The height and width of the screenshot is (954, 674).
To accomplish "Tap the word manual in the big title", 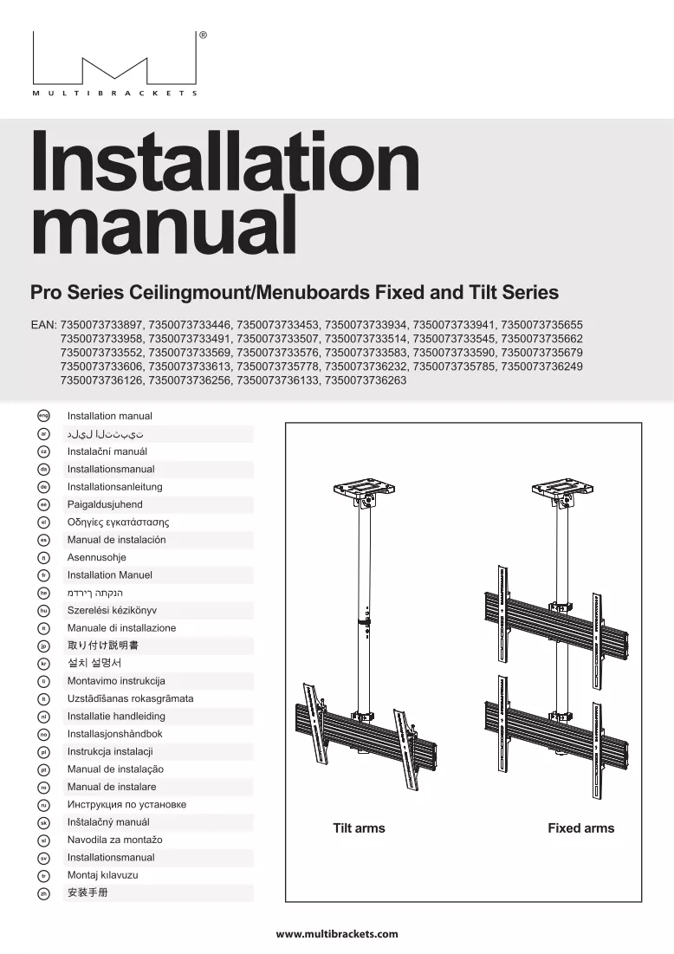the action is coord(165,224).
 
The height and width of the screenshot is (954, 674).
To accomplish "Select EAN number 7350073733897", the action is coord(101,325).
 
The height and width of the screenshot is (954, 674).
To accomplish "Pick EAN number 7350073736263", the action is coord(366,380).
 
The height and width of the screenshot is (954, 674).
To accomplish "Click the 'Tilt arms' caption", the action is coord(359,828).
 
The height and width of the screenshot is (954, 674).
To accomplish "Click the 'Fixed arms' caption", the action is coord(581,828).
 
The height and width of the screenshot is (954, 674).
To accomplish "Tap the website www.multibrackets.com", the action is coord(337,934).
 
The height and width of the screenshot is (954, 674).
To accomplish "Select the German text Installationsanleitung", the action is coord(115,487).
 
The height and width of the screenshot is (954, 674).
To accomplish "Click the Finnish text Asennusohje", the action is coord(97,557).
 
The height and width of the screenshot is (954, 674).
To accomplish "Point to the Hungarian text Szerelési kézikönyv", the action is coord(112,610).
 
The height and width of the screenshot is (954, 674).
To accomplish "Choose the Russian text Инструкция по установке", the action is coord(126,804).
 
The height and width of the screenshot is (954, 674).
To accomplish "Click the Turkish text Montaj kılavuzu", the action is coord(103,875).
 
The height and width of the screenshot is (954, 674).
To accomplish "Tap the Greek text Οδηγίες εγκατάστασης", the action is coord(118,522).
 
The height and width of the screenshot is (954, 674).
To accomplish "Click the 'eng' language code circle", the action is coord(43,416).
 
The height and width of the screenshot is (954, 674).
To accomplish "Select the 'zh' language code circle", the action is coord(43,893).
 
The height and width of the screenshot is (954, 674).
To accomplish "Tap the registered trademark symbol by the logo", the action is coord(204,36).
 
